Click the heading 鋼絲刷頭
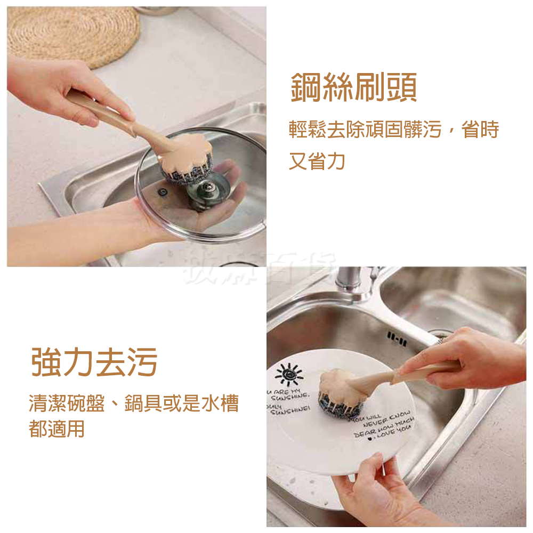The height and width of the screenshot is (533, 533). pyautogui.click(x=353, y=88)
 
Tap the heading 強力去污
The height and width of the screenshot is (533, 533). pyautogui.click(x=94, y=362)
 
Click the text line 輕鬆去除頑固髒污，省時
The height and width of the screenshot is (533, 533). pyautogui.click(x=393, y=130)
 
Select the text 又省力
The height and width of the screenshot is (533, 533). pyautogui.click(x=317, y=160)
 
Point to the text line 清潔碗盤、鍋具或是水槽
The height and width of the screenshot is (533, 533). pyautogui.click(x=133, y=404)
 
